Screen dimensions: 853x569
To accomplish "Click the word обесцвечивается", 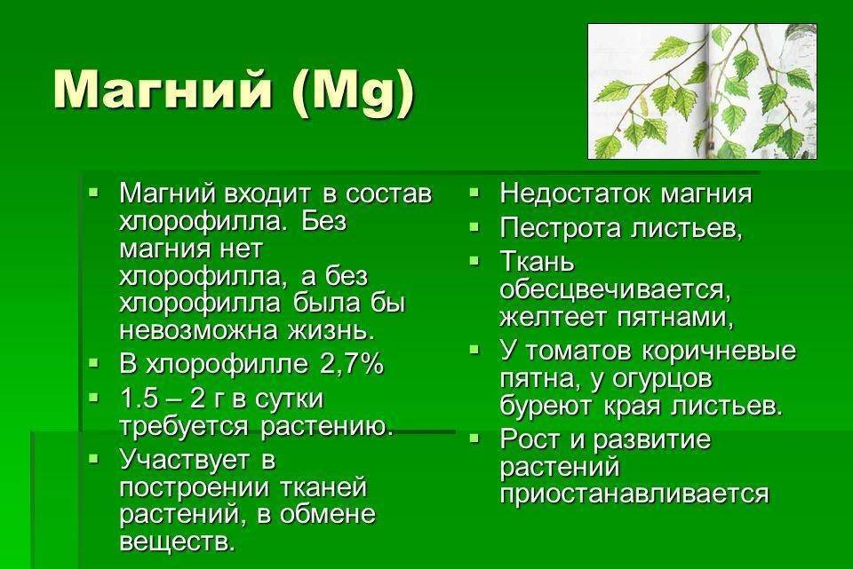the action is (615, 289).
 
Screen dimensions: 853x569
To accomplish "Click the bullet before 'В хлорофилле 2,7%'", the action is (94, 362).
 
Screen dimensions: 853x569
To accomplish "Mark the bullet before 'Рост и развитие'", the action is (474, 437).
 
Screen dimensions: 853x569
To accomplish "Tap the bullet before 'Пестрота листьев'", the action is (474, 226).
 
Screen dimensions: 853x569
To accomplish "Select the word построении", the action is (195, 487).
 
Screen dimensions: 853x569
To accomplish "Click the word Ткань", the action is (537, 263).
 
